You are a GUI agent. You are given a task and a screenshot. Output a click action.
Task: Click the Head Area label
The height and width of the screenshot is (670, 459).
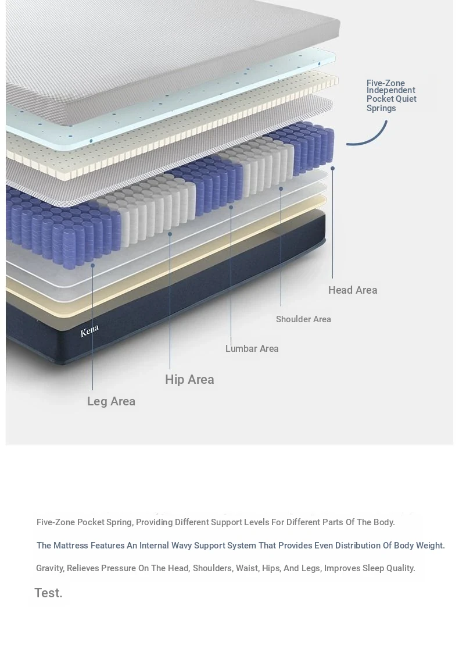pyautogui.click(x=353, y=290)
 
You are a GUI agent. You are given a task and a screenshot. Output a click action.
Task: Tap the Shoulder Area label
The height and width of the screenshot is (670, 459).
pyautogui.click(x=303, y=319)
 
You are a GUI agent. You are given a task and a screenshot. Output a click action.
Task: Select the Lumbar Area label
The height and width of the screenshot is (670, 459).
pyautogui.click(x=252, y=349)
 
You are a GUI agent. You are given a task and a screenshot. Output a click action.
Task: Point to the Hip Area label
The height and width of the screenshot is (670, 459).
pyautogui.click(x=189, y=379)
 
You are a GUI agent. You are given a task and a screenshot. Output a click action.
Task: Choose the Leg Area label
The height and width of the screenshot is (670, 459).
pyautogui.click(x=111, y=402)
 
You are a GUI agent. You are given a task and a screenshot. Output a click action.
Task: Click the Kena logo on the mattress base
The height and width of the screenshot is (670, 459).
pyautogui.click(x=89, y=330)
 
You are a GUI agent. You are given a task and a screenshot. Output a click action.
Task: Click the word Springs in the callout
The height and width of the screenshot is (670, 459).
pyautogui.click(x=381, y=108)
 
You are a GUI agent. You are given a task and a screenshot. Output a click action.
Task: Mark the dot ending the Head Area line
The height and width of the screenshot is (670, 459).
pyautogui.click(x=332, y=168)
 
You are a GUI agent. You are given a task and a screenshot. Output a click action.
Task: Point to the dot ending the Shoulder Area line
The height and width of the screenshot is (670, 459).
pyautogui.click(x=281, y=188)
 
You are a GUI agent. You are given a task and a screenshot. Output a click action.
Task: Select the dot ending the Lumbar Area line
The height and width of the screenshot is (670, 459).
pyautogui.click(x=231, y=207)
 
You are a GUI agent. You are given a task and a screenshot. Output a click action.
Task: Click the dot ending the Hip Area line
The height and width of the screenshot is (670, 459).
pyautogui.click(x=170, y=234)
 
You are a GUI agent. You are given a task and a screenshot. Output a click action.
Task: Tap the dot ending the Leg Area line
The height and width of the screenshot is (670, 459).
pyautogui.click(x=92, y=265)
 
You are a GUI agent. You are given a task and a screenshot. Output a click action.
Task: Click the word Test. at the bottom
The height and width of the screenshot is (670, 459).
pyautogui.click(x=48, y=593)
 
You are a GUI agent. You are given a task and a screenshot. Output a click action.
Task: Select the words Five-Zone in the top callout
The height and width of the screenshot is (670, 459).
pyautogui.click(x=386, y=83)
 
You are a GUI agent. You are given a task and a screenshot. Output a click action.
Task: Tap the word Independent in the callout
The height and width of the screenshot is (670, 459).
pyautogui.click(x=390, y=90)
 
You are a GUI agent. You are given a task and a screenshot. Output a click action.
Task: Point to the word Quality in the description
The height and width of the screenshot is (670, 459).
pyautogui.click(x=400, y=568)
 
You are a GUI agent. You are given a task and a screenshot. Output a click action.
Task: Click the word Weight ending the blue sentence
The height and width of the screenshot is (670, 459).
pyautogui.click(x=430, y=546)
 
